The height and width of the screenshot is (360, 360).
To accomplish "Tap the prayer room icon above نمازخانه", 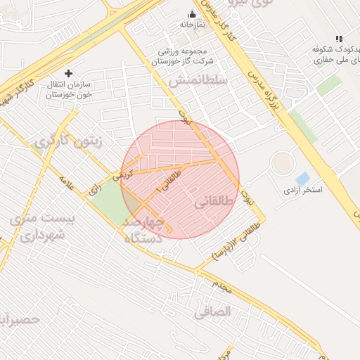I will [192, 14].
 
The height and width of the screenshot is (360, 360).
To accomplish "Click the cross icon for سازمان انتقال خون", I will [68, 73].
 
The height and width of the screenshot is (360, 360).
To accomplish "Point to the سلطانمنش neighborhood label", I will [198, 81].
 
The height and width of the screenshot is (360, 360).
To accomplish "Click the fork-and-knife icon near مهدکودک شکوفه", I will [339, 39].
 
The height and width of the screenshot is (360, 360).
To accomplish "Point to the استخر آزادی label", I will [302, 190].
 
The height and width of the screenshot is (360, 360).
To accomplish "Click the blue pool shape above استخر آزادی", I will [303, 178].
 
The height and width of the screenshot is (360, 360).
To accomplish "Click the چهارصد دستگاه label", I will [143, 230].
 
